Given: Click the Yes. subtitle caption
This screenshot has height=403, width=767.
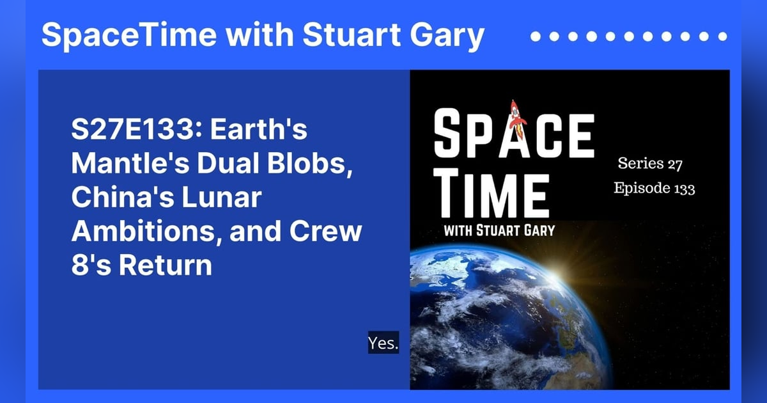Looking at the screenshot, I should point(383,344).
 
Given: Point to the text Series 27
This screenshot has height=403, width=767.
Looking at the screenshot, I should point(650,164).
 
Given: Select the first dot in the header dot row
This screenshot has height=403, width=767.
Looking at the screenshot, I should point(536,36).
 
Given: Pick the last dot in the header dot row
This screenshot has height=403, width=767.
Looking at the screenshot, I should point(722,36).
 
